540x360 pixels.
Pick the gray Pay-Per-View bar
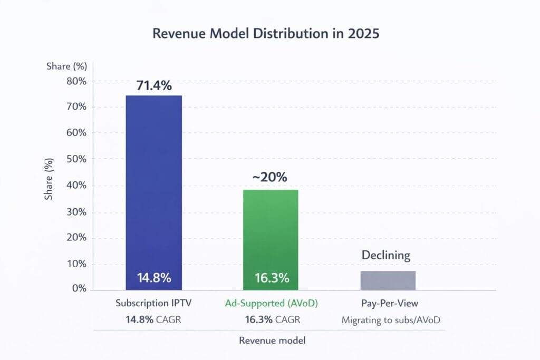tap(388, 280)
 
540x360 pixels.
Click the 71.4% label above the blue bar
tap(153, 85)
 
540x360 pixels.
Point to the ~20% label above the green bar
tap(269, 177)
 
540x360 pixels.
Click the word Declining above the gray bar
tap(385, 255)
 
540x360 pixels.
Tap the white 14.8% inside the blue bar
tap(153, 278)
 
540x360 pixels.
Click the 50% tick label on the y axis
tap(75, 159)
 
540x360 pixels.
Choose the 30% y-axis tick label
tap(75, 212)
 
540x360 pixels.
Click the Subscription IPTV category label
tap(153, 304)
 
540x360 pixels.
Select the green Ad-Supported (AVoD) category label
tap(270, 304)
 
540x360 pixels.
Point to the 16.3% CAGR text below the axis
tap(270, 319)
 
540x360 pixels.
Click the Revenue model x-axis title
tap(272, 340)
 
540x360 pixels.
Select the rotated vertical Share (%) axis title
tap(49, 179)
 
